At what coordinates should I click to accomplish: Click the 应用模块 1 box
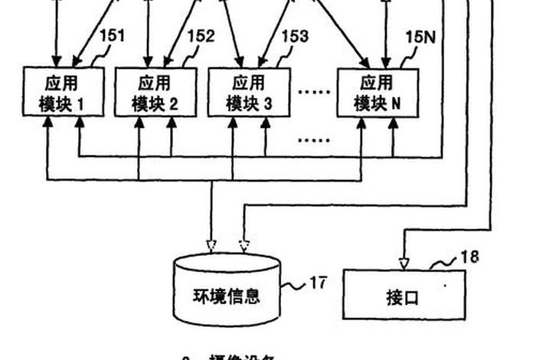(x=63, y=93)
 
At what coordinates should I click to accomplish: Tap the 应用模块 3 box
(x=250, y=93)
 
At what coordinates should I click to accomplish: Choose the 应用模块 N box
(x=377, y=93)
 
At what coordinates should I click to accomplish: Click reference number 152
(x=201, y=35)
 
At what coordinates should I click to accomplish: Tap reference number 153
(x=294, y=35)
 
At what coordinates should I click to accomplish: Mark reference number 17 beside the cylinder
(x=318, y=283)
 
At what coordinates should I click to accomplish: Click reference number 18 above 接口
(x=469, y=257)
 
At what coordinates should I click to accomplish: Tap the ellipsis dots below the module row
(x=312, y=140)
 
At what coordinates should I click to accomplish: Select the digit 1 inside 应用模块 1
(x=80, y=105)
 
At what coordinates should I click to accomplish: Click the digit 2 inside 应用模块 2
(x=173, y=105)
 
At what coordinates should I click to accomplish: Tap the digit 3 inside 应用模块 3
(x=267, y=105)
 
